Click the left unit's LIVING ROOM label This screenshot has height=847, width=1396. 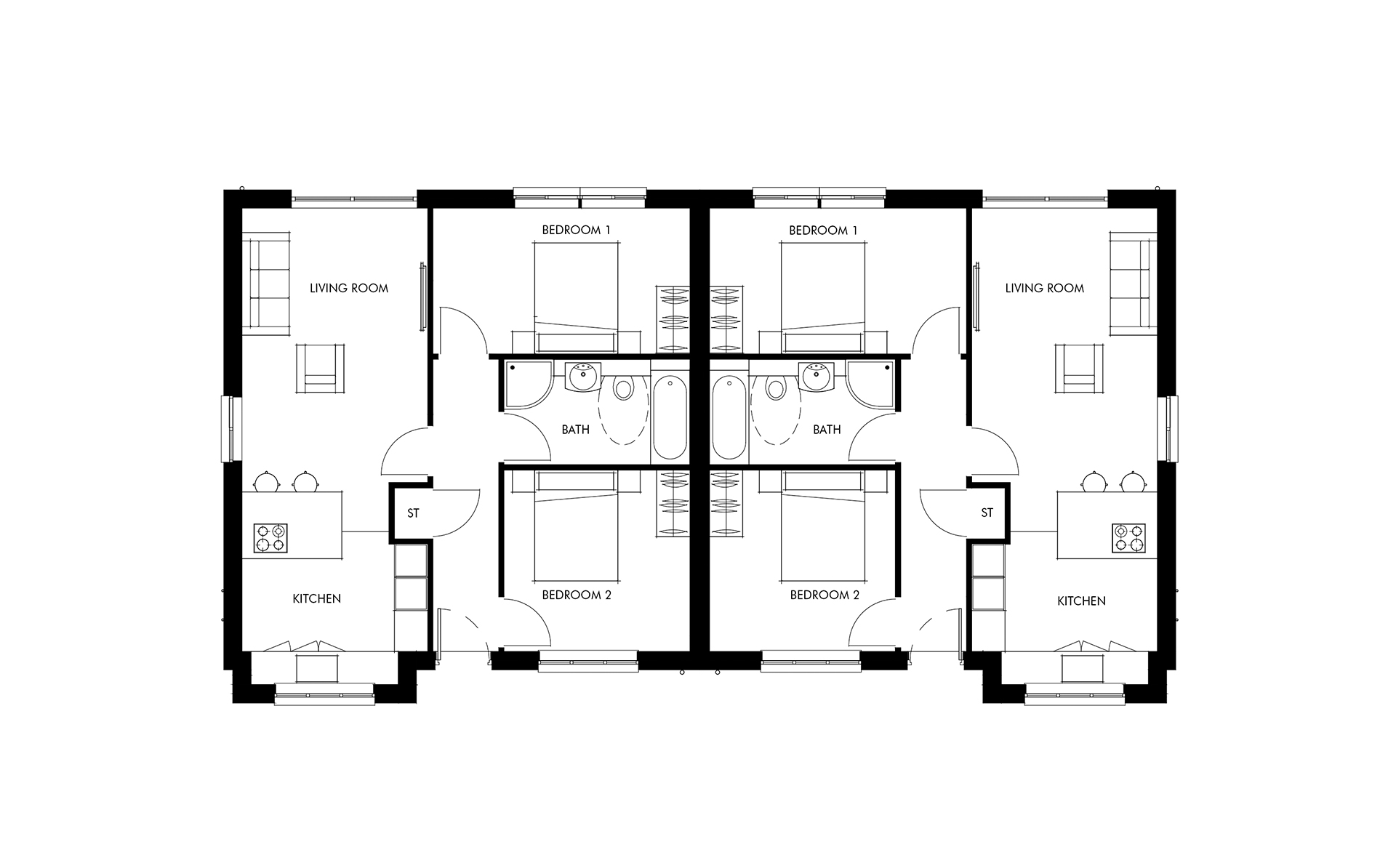349,288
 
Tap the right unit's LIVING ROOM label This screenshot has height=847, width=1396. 1044,288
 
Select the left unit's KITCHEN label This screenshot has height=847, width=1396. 316,599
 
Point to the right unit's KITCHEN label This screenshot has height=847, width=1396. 1081,601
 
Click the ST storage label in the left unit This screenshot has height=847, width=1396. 413,513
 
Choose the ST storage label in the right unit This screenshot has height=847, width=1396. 987,513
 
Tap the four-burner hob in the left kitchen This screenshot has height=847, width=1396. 270,538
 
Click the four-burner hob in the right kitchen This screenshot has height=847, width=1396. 1129,538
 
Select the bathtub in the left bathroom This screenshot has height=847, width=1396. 670,417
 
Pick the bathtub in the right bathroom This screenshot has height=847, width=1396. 729,417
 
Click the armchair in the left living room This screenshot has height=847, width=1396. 320,368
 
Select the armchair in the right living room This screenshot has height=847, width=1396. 1080,368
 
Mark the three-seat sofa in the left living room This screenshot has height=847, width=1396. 266,284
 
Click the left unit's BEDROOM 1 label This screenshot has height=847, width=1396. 576,230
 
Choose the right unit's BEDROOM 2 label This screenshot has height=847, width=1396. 825,595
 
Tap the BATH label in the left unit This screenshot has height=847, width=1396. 575,430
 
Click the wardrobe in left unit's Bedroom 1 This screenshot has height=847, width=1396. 673,319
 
